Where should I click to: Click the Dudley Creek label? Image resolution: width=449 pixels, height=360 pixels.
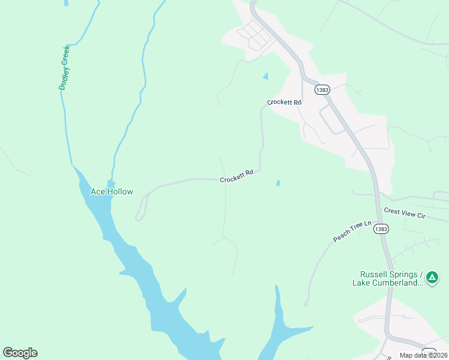coord(65,68)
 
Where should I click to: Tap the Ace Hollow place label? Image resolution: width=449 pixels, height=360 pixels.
coord(111,192)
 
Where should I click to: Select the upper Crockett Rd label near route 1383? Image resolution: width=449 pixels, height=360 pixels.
coord(284,103)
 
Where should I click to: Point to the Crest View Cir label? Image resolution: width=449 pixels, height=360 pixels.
coord(403,213)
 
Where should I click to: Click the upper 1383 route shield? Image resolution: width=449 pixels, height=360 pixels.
coord(322,89)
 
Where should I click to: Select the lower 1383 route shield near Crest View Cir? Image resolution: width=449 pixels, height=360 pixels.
coord(381,229)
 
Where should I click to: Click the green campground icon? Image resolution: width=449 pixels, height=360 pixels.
coord(432,277)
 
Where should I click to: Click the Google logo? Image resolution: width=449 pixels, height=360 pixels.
coord(20,353)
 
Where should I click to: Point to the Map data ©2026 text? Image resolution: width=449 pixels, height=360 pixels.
coord(423,355)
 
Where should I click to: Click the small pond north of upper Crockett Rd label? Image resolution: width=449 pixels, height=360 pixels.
coord(265,76)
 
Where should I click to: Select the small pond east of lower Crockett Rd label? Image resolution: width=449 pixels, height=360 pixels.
coord(277,182)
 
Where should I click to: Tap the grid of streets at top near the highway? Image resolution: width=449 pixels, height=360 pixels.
coord(255,36)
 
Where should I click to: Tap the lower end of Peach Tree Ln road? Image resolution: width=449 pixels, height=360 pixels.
coord(306,303)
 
